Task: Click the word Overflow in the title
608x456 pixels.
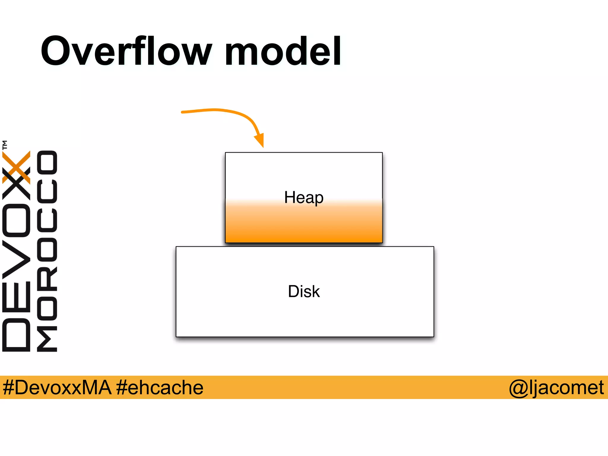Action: [126, 51]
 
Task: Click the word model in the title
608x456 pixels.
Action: [283, 51]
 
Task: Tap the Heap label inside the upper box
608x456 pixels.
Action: [304, 197]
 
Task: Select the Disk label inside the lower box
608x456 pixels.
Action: [304, 291]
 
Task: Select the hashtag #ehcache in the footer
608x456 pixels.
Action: [160, 387]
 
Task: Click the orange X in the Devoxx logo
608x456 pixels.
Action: [17, 167]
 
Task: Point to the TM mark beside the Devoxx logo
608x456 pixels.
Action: [5, 145]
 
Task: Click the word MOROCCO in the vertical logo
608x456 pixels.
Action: [47, 251]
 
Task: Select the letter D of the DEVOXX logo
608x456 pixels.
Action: [16, 335]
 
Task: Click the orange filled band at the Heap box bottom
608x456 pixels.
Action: [304, 235]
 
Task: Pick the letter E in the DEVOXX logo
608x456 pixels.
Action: [16, 297]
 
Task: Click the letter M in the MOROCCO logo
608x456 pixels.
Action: [47, 339]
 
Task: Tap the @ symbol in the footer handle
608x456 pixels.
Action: [519, 388]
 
